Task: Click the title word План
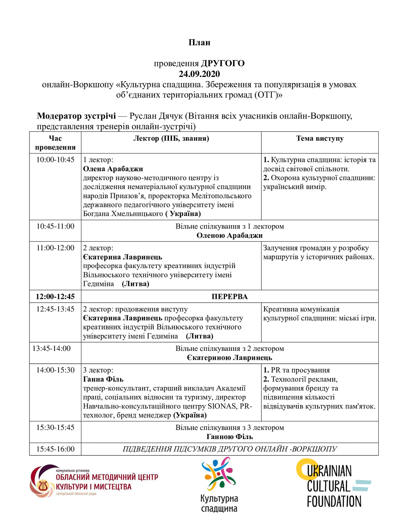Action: [x=199, y=43]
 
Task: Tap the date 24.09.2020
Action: [x=199, y=74]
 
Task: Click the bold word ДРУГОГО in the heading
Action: [x=223, y=64]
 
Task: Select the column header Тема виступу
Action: [x=320, y=139]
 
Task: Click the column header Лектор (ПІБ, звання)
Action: [x=171, y=139]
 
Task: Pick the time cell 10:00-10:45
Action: [x=55, y=160]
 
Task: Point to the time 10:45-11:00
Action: [x=55, y=226]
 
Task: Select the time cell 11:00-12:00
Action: [x=55, y=248]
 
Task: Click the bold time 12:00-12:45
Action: [x=55, y=296]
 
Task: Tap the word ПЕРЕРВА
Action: [x=230, y=296]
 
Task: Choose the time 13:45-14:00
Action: [x=51, y=348]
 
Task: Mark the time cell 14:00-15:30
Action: [x=55, y=370]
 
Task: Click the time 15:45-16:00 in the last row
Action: [x=55, y=449]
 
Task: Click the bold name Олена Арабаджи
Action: [x=113, y=169]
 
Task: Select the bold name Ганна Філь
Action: [x=103, y=379]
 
